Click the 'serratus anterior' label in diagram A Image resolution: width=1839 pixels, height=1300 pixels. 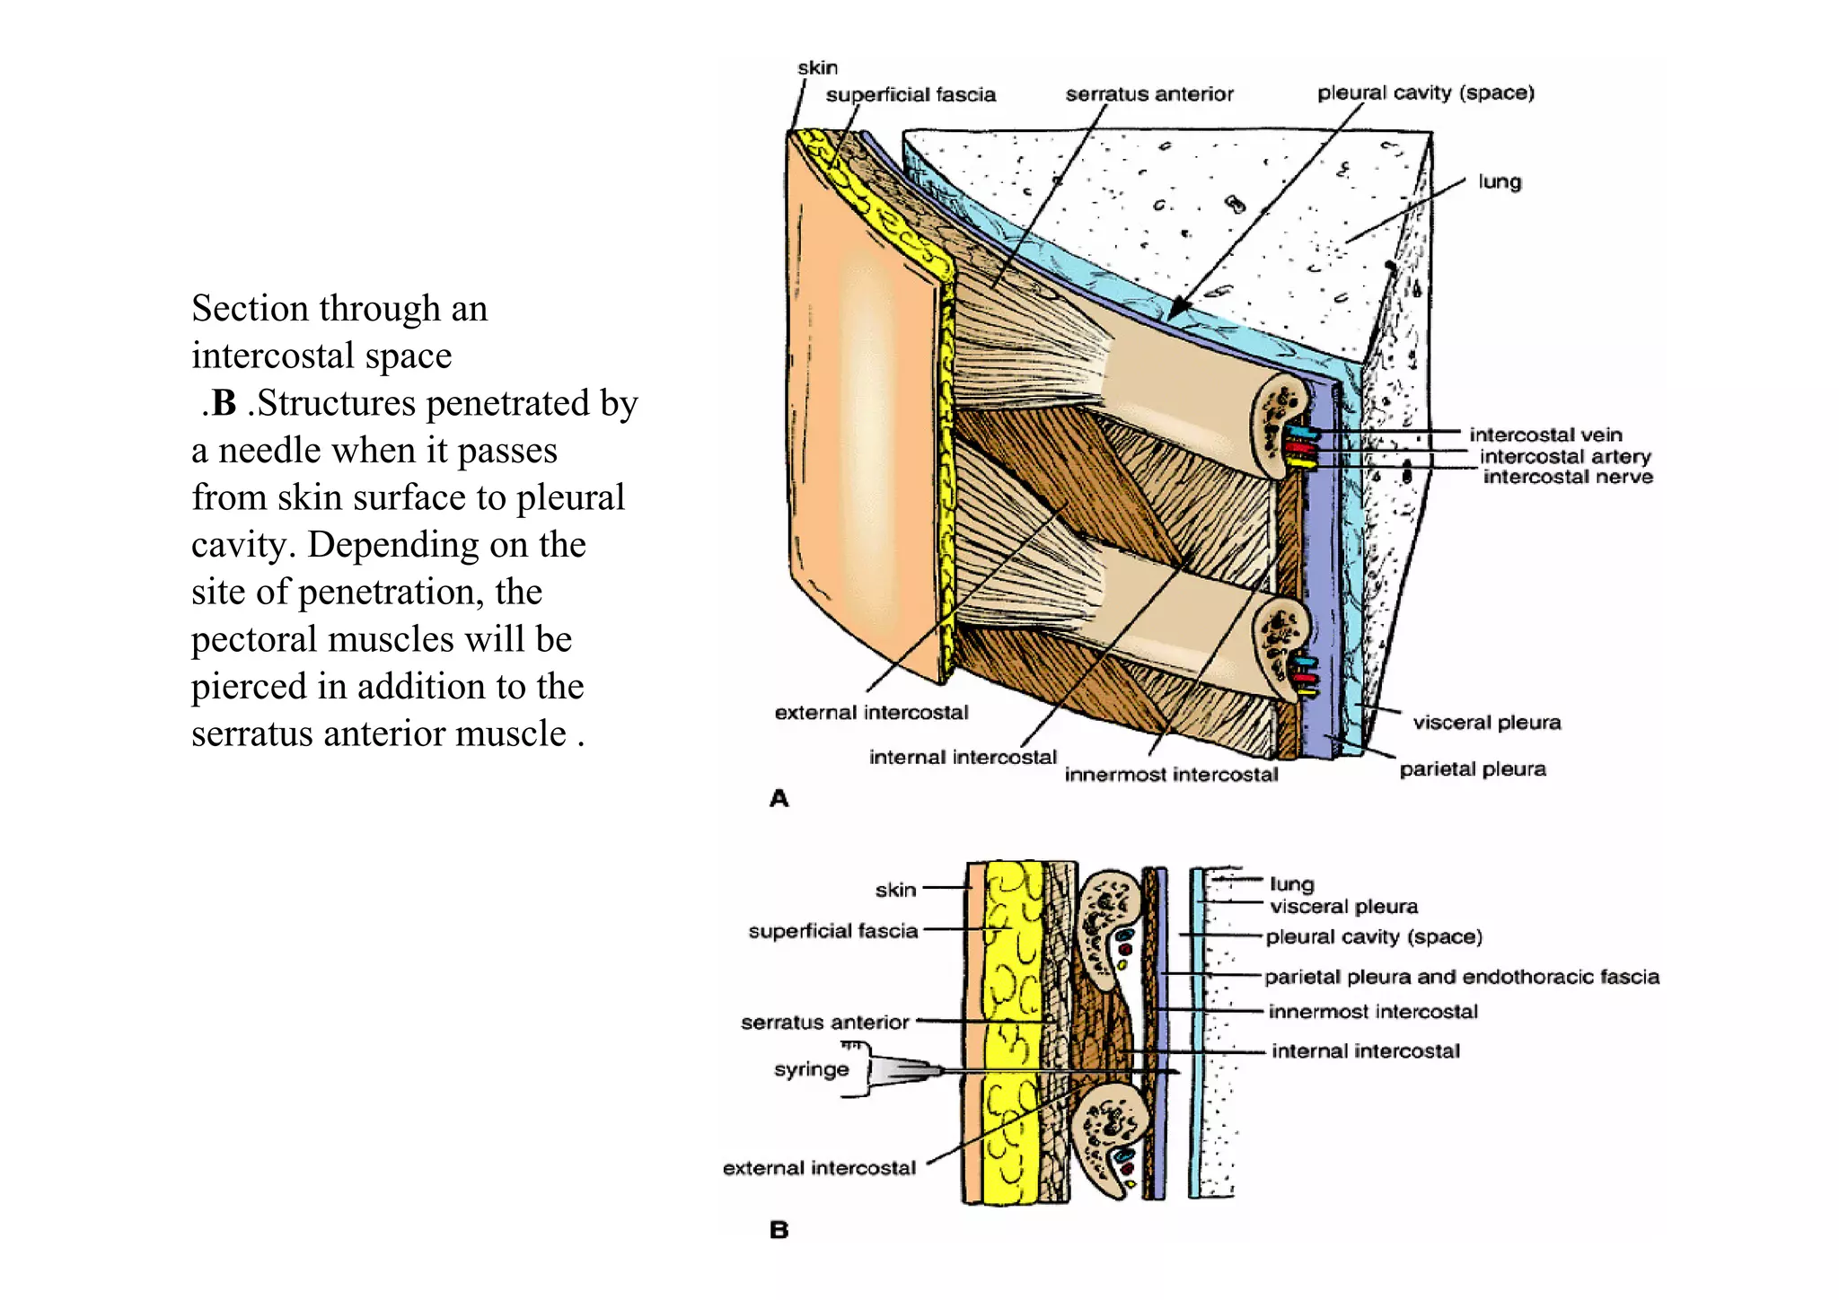point(1148,94)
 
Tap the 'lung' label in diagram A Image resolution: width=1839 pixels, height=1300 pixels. point(1499,181)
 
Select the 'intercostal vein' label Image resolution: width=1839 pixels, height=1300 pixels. point(1544,435)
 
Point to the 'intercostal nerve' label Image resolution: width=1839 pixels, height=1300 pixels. point(1567,477)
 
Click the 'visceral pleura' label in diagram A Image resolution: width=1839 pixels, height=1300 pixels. point(1486,723)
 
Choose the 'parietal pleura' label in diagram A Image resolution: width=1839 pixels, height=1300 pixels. point(1472,769)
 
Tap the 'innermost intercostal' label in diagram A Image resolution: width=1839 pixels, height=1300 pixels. point(1170,775)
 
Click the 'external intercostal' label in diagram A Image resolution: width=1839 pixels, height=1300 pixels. point(871,713)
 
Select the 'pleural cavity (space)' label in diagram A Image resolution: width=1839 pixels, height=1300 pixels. point(1425,92)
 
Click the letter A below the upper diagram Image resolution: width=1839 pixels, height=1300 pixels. point(779,798)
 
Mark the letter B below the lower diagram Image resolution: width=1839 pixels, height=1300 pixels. point(779,1230)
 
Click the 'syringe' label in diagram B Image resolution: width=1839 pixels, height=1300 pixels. point(811,1069)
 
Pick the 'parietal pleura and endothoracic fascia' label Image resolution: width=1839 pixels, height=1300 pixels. point(1461,977)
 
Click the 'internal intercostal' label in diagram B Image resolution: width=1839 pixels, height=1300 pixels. point(1365,1051)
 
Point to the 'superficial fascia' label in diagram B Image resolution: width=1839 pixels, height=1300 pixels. point(832,931)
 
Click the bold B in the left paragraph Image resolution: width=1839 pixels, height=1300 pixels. point(224,403)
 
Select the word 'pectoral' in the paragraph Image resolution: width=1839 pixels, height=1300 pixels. point(254,639)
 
